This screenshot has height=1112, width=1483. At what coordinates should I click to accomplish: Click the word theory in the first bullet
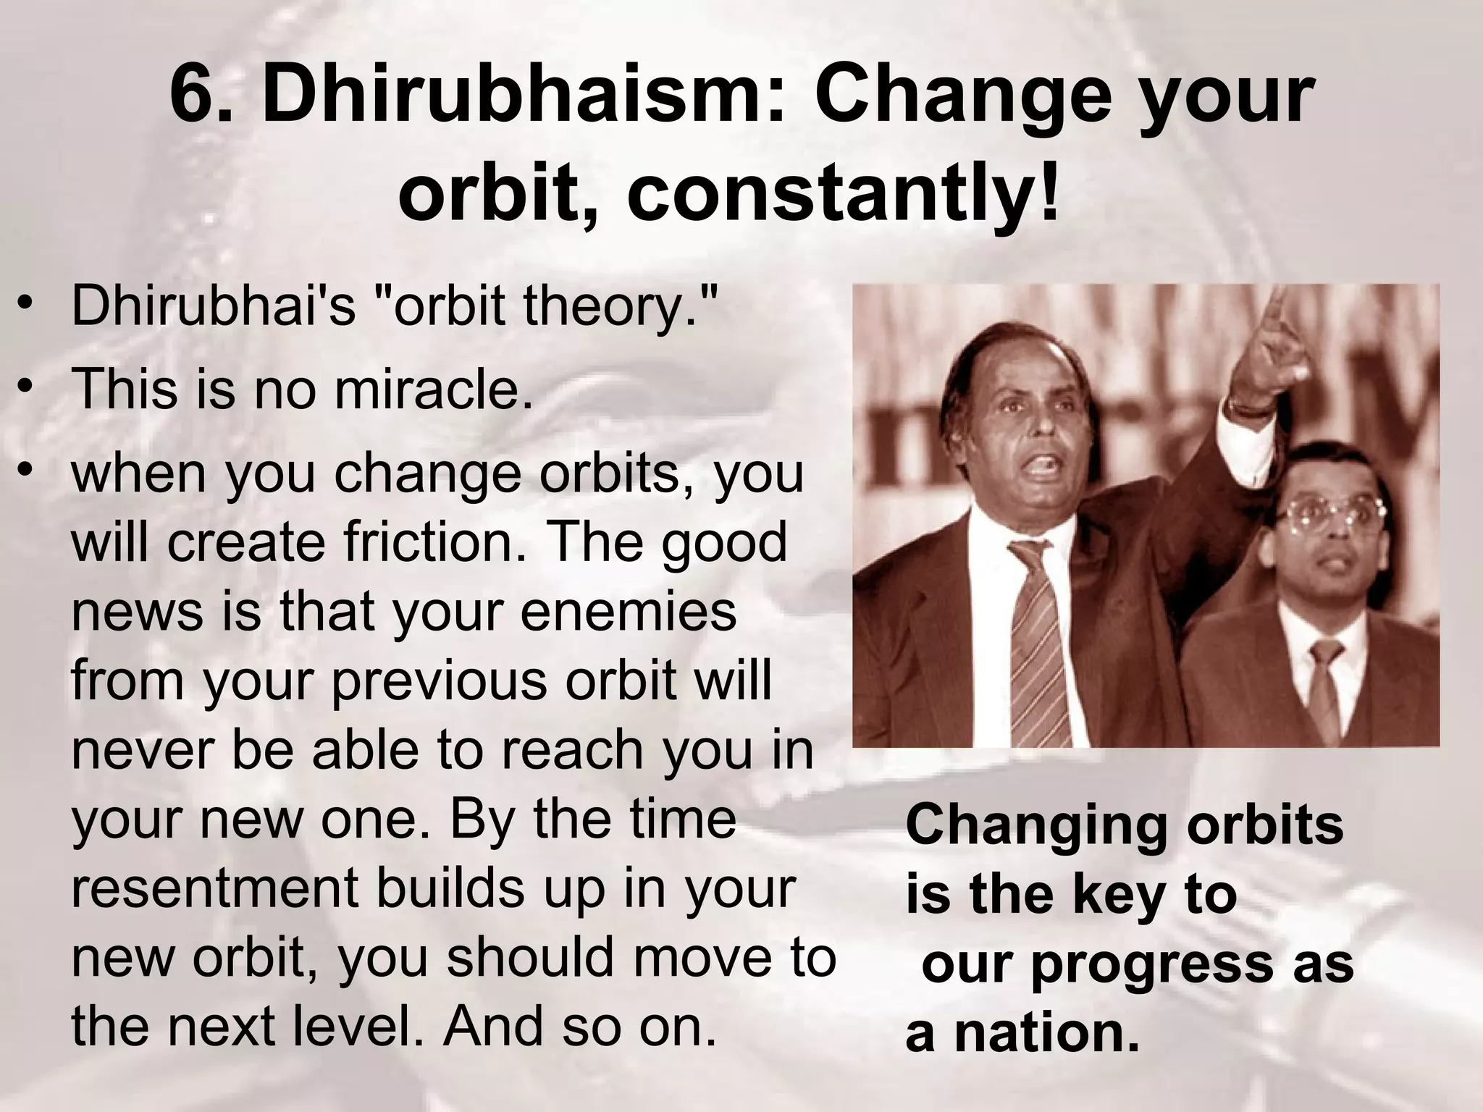coord(610,306)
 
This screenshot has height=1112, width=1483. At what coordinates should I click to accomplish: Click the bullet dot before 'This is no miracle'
coord(27,384)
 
